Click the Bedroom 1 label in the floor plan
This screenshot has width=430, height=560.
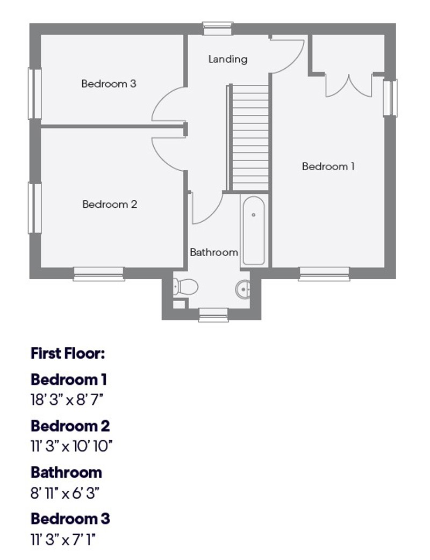[x=328, y=166]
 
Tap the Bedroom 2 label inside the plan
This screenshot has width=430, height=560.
[x=110, y=205]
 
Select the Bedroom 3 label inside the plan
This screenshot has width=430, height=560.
[x=109, y=84]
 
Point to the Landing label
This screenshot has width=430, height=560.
[x=228, y=59]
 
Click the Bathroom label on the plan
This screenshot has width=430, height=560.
[x=214, y=252]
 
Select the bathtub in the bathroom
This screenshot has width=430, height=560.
[x=253, y=231]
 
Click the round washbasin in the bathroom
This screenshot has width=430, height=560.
[x=243, y=289]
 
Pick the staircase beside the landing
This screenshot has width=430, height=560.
[x=250, y=137]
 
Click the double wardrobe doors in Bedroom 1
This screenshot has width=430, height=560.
[x=348, y=85]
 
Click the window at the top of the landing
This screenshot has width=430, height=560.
[x=218, y=28]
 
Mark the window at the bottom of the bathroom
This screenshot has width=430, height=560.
[x=213, y=315]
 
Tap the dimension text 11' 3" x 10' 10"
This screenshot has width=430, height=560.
[x=71, y=446]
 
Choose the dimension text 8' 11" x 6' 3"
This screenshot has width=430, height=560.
[x=65, y=493]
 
